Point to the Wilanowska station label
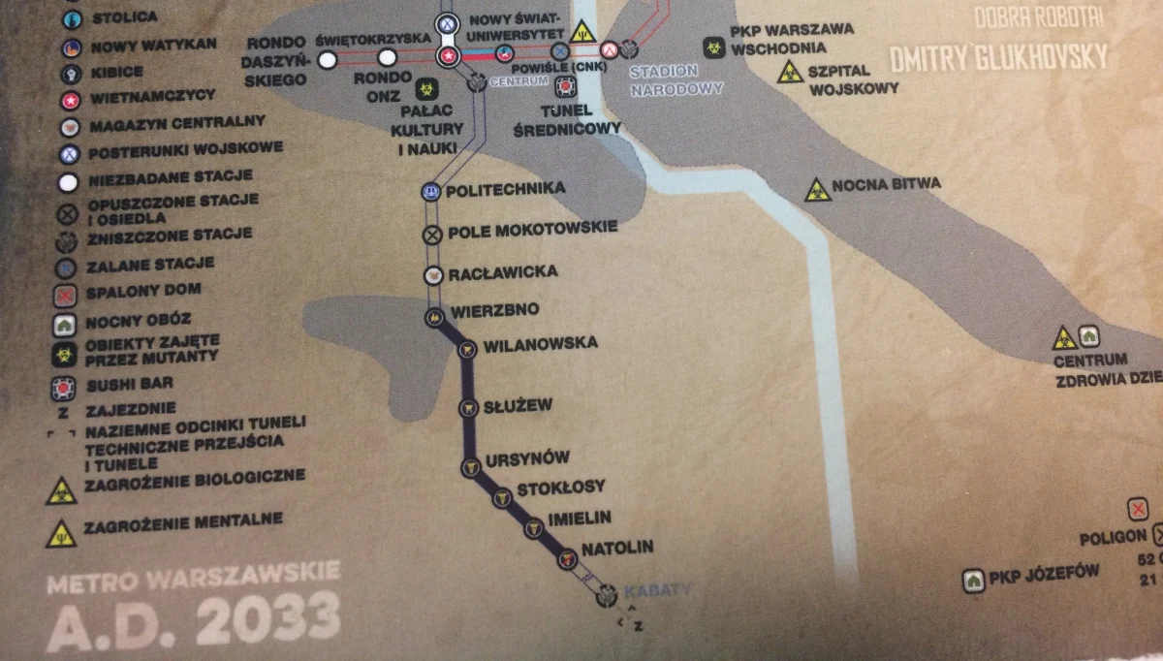540,344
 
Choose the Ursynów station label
527,457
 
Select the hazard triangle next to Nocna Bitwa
817,190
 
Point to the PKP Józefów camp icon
973,581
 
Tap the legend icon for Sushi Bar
68,389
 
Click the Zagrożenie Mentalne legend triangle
61,531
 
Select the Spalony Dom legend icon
67,296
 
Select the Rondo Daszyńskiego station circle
328,60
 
